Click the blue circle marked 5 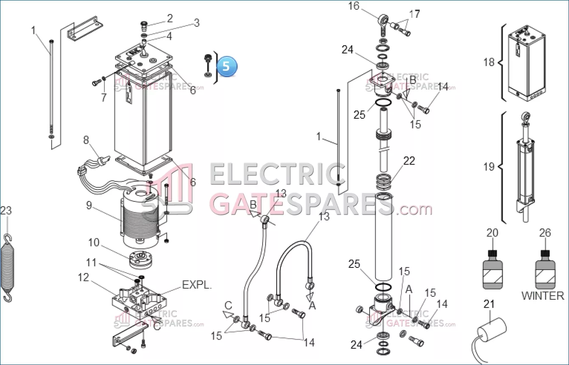(227, 67)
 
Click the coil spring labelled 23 (7, 268)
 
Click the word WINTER (543, 296)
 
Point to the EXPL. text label (197, 285)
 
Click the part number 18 (489, 62)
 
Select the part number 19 (489, 167)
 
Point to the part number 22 (409, 161)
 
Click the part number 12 (83, 277)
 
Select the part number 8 (86, 140)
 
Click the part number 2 (170, 18)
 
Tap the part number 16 (353, 6)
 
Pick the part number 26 (545, 233)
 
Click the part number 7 (104, 98)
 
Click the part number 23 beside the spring (6, 210)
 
